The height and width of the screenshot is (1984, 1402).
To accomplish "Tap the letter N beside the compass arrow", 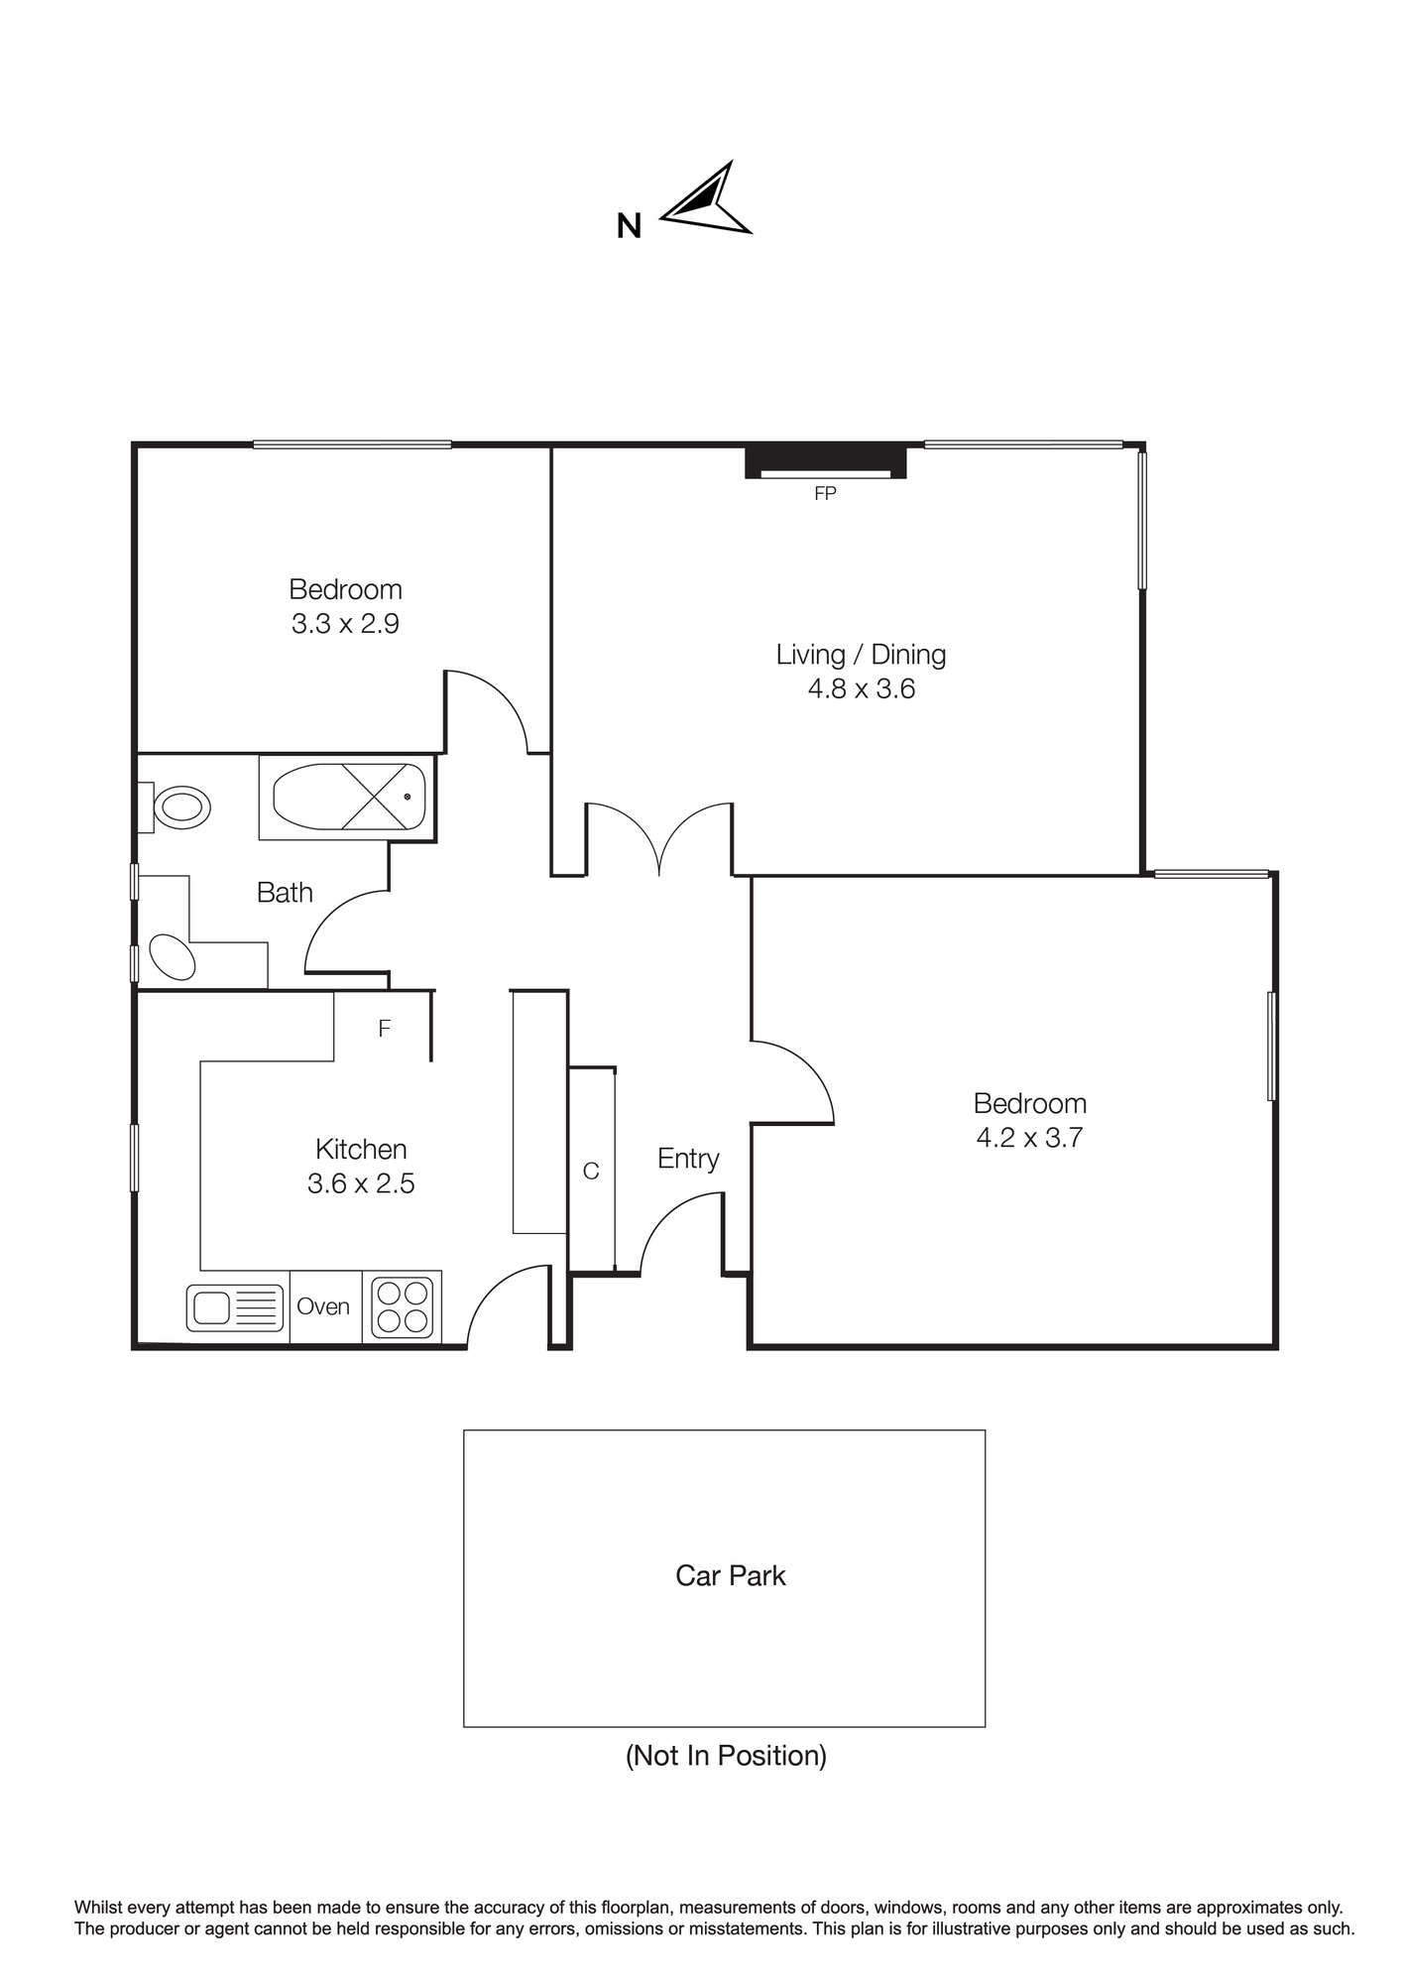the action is click(x=629, y=227).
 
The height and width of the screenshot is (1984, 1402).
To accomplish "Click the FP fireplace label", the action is click(x=825, y=493).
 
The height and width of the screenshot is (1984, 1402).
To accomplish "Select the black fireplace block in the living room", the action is click(x=826, y=462).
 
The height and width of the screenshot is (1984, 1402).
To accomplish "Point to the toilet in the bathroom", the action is click(x=175, y=807).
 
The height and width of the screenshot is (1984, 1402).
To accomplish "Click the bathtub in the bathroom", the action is click(x=348, y=798).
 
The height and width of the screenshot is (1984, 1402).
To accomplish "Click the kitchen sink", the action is click(x=235, y=1307).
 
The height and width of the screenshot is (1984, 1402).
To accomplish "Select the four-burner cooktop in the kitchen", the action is click(x=402, y=1307).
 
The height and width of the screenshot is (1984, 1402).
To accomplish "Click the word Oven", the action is click(x=323, y=1306).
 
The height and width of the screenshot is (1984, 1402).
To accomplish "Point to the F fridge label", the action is click(x=385, y=1029).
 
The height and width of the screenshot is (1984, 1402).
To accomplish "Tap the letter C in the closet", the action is click(x=591, y=1172).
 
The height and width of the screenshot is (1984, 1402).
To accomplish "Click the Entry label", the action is click(x=688, y=1159).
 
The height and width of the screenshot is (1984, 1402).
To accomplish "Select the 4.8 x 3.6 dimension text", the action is click(x=861, y=688).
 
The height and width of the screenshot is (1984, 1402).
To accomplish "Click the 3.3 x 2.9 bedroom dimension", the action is click(x=345, y=624).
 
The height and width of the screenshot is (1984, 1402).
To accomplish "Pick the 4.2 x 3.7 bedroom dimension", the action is click(x=1029, y=1138).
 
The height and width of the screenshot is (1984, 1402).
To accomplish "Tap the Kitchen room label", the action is click(x=361, y=1149).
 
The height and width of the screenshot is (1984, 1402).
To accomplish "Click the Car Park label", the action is click(x=731, y=1575).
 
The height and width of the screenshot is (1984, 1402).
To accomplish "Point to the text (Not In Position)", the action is click(x=726, y=1756).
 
